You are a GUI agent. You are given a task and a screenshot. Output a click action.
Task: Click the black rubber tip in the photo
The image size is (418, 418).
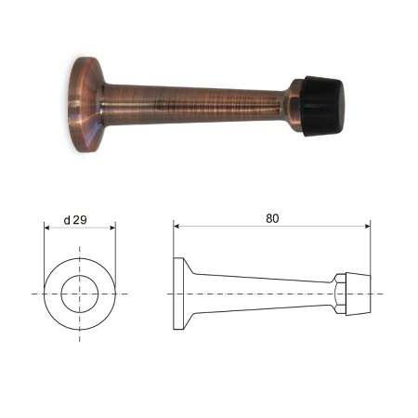point(323,106)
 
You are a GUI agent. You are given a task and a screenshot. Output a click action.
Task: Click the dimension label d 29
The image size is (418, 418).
point(75,220)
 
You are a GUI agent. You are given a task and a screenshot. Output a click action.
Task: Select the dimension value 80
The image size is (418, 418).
point(272,218)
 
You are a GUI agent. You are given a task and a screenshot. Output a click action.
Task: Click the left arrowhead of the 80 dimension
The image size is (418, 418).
point(176,226)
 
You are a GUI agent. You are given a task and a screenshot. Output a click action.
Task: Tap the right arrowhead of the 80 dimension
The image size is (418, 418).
point(368,226)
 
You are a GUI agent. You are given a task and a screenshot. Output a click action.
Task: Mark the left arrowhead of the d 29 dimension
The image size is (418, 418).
point(46,228)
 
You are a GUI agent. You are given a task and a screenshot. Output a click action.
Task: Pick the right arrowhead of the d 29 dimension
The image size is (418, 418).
point(112,228)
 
